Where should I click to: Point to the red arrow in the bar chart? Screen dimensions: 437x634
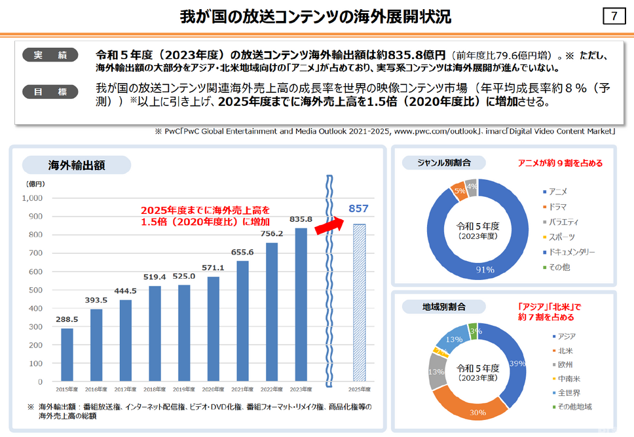tap(330, 224)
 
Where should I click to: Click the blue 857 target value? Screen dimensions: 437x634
tap(359, 209)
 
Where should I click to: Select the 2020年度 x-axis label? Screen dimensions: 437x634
tap(214, 389)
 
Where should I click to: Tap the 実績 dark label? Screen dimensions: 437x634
tap(50, 55)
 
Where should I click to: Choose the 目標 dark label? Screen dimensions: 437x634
tap(50, 92)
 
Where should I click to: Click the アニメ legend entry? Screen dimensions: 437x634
tap(558, 192)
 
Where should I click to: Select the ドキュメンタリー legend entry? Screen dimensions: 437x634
tap(572, 252)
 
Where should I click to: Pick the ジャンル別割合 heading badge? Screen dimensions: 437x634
tap(444, 162)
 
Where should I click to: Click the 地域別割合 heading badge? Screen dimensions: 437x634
tap(444, 306)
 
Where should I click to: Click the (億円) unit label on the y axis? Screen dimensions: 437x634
tap(35, 184)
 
